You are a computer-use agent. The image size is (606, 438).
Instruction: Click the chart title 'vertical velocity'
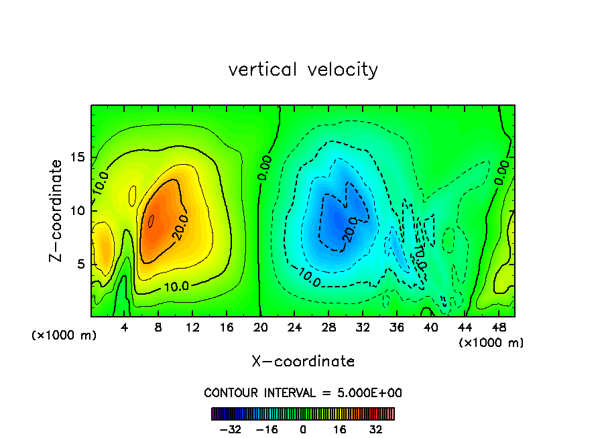tap(303, 70)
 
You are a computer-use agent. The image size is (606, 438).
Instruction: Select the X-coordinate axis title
tap(303, 362)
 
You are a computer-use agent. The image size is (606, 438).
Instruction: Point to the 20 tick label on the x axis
tap(261, 327)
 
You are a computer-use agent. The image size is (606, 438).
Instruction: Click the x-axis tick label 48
tap(498, 327)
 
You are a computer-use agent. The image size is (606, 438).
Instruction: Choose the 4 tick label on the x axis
tap(125, 327)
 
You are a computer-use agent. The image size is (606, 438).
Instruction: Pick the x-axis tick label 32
tap(363, 327)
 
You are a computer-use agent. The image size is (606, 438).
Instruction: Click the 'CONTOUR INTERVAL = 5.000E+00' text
tap(303, 393)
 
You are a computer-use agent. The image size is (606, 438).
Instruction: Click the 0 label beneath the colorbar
tap(303, 429)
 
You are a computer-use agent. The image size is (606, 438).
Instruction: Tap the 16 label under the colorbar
tap(340, 429)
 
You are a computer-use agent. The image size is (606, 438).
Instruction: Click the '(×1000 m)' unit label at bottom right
tap(491, 343)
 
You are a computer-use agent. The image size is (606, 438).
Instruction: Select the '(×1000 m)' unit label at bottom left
tap(64, 335)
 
